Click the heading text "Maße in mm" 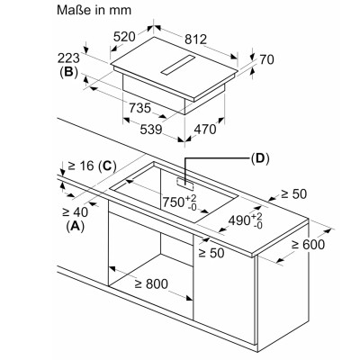[x=94, y=10]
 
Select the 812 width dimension [x=195, y=40]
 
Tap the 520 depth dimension [x=124, y=37]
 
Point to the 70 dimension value [x=266, y=59]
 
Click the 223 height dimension [x=68, y=58]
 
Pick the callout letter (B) [x=68, y=72]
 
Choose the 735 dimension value [x=139, y=108]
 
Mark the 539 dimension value [x=151, y=130]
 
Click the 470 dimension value [x=205, y=130]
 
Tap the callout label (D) [x=260, y=158]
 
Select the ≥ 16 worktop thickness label [x=81, y=166]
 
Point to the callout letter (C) [x=107, y=166]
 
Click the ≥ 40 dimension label [x=75, y=212]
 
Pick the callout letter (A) [x=75, y=226]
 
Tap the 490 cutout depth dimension [x=246, y=220]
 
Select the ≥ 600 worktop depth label [x=308, y=245]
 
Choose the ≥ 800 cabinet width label [x=151, y=283]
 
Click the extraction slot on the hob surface [x=177, y=65]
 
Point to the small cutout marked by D [x=185, y=184]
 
